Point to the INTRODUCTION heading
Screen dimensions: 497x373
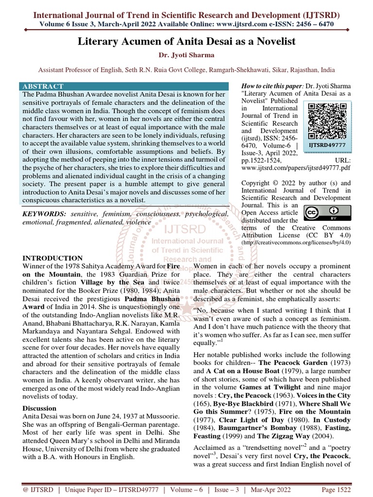point(53,258)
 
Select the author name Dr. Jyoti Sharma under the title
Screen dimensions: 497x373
point(186,55)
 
